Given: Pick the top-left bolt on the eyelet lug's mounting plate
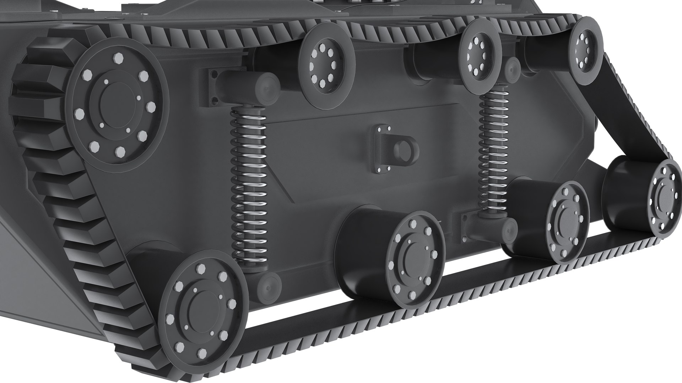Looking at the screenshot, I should (377, 128).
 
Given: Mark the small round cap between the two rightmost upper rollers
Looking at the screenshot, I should (512, 66).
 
